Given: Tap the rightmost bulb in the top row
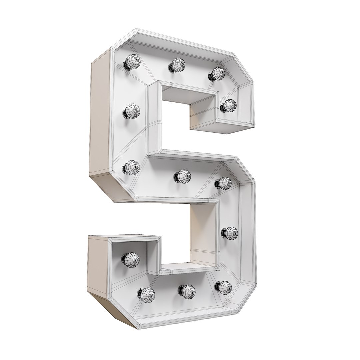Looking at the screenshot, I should [x=218, y=73].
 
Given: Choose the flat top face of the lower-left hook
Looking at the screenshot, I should [x=127, y=237].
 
